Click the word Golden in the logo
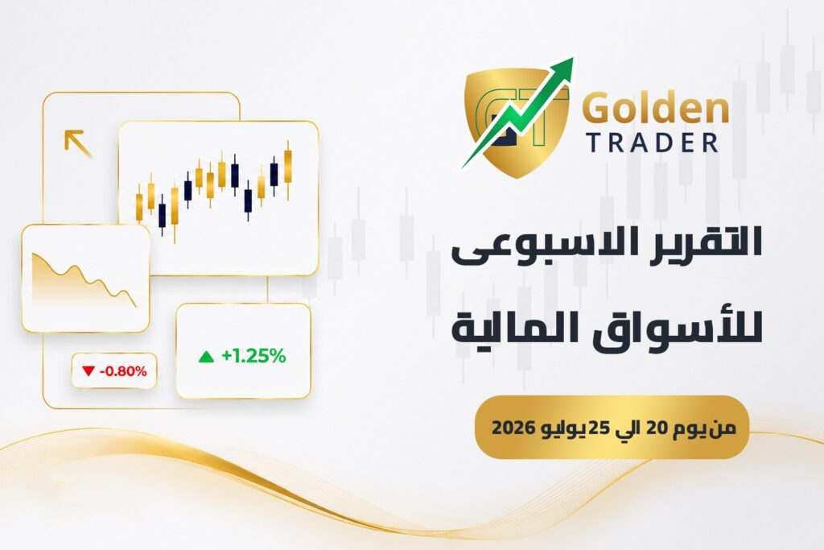pyautogui.click(x=657, y=108)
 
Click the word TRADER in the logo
pyautogui.click(x=652, y=143)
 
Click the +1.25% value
pyautogui.click(x=253, y=356)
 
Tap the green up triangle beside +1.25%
pyautogui.click(x=207, y=357)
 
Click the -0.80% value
pyautogui.click(x=123, y=371)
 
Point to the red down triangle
pyautogui.click(x=89, y=371)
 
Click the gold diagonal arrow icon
pyautogui.click(x=78, y=143)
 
